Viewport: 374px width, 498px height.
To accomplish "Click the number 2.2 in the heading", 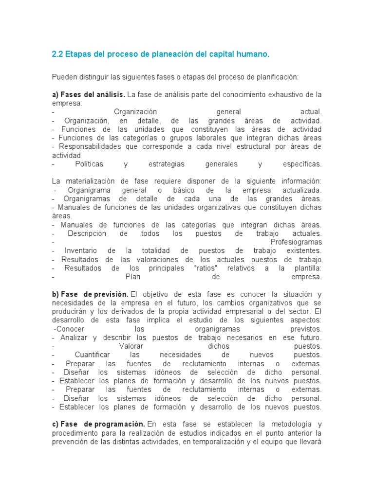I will click(x=57, y=55).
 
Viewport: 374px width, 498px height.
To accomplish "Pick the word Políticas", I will click(x=89, y=164).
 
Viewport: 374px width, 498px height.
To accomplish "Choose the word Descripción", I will click(x=87, y=233).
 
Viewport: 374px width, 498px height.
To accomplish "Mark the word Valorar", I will click(x=131, y=346).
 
